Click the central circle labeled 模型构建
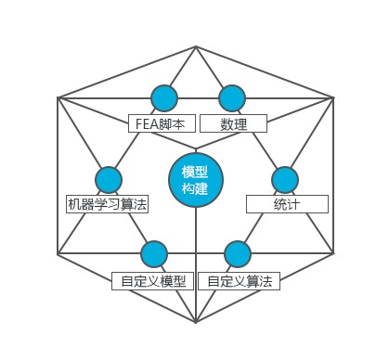(195, 180)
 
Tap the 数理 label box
(234, 123)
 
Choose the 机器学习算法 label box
(108, 204)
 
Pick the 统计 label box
(287, 204)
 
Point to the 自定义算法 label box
(240, 281)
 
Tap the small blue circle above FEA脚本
(163, 97)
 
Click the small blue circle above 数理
(232, 97)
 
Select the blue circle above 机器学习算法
(109, 180)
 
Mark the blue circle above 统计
(284, 180)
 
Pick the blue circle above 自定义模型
(154, 254)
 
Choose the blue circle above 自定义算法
(238, 254)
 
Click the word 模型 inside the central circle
(195, 172)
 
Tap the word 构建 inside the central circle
(195, 189)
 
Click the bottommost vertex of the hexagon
(195, 322)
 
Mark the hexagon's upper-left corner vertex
(58, 96)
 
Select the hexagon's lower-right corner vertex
(334, 252)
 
